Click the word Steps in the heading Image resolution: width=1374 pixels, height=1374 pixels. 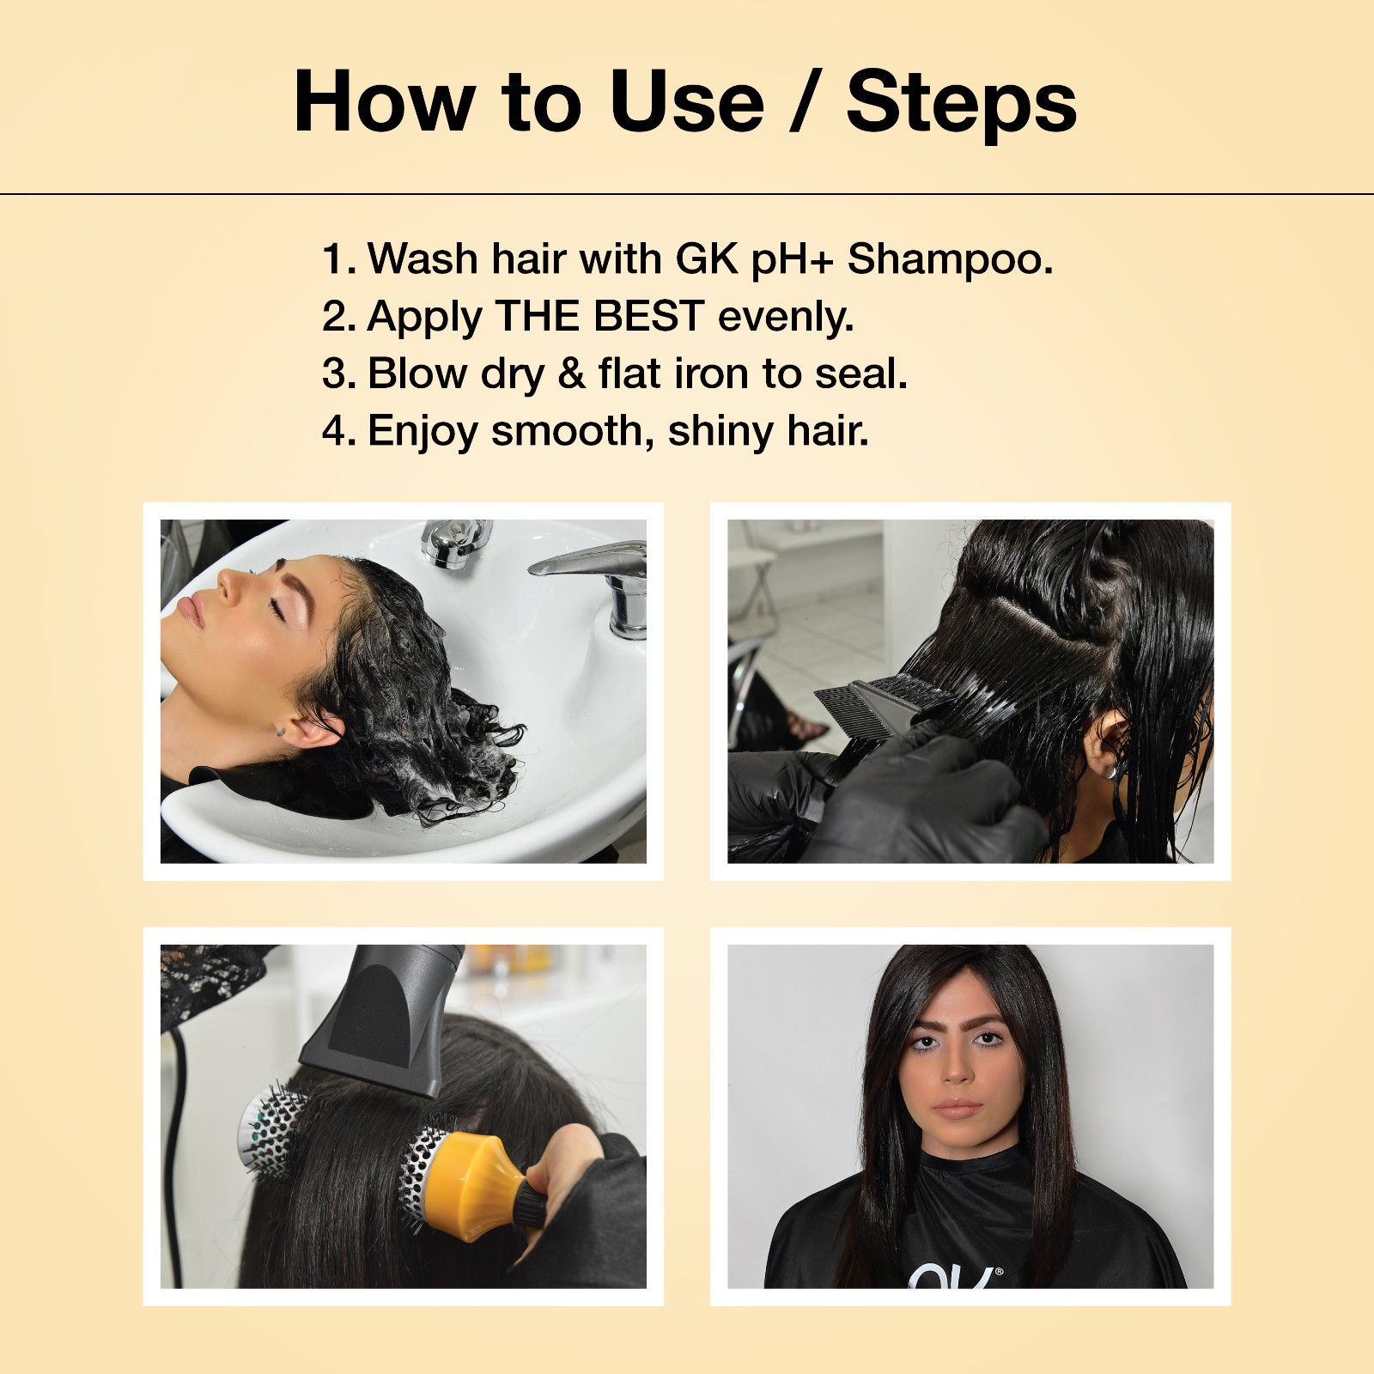(x=961, y=102)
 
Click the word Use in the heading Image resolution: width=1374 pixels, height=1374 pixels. (x=686, y=102)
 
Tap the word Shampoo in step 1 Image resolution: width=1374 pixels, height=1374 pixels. (x=950, y=260)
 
